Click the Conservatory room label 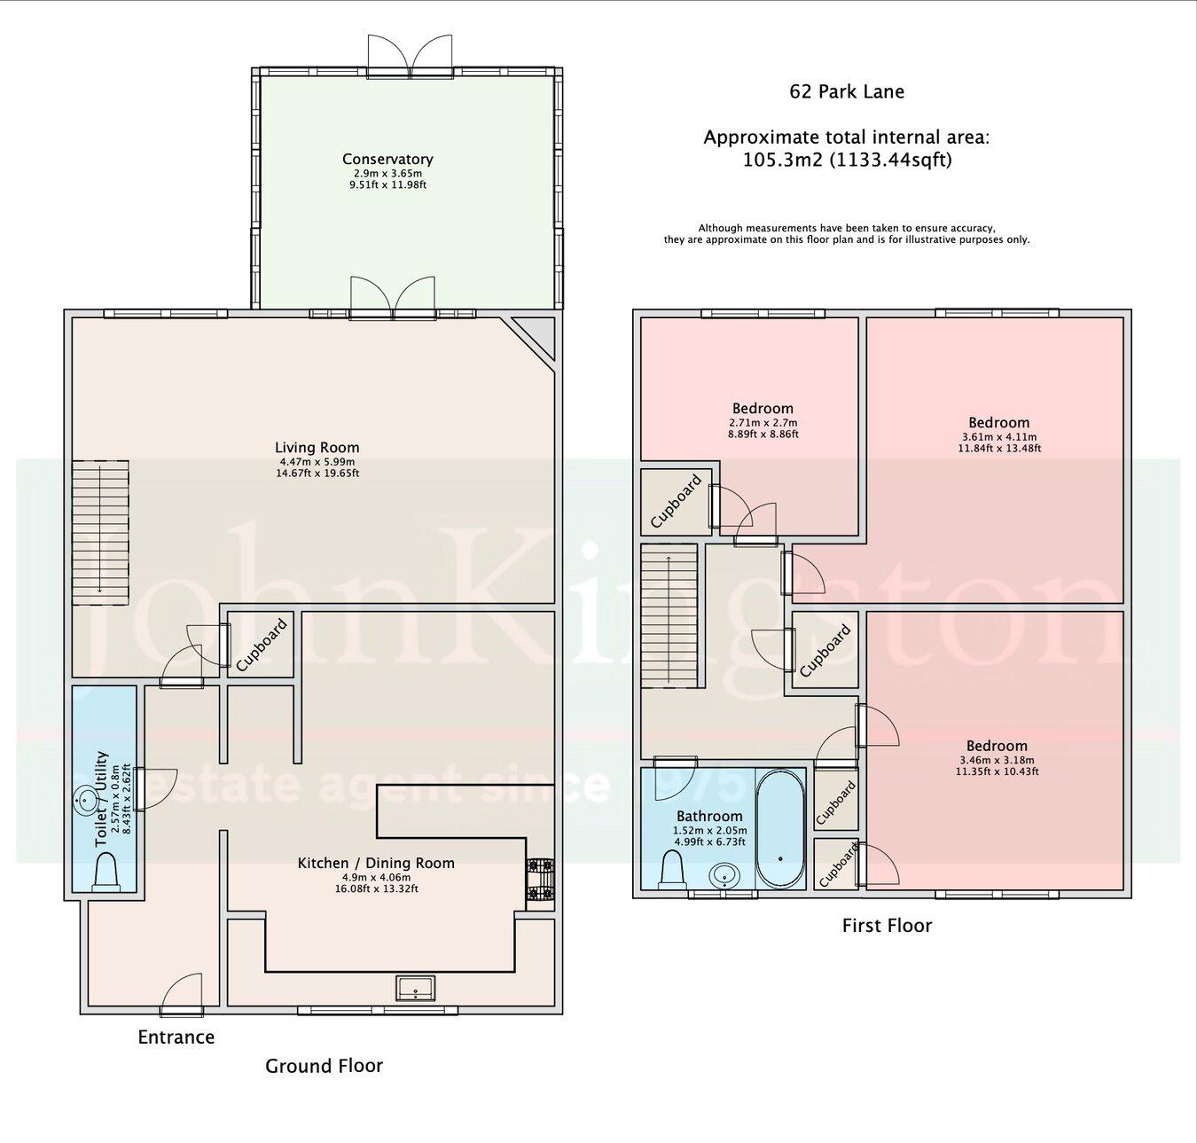[x=387, y=160]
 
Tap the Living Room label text [x=317, y=448]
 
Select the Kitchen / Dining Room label [x=375, y=863]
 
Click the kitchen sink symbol [x=415, y=987]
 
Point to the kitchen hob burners [x=540, y=881]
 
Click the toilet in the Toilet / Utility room [x=106, y=870]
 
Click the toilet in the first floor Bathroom [x=673, y=868]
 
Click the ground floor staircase [x=100, y=532]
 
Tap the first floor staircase [x=670, y=616]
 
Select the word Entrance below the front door [x=176, y=1037]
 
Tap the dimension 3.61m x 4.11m [x=998, y=436]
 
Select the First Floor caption [x=886, y=926]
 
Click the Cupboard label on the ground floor [x=262, y=644]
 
